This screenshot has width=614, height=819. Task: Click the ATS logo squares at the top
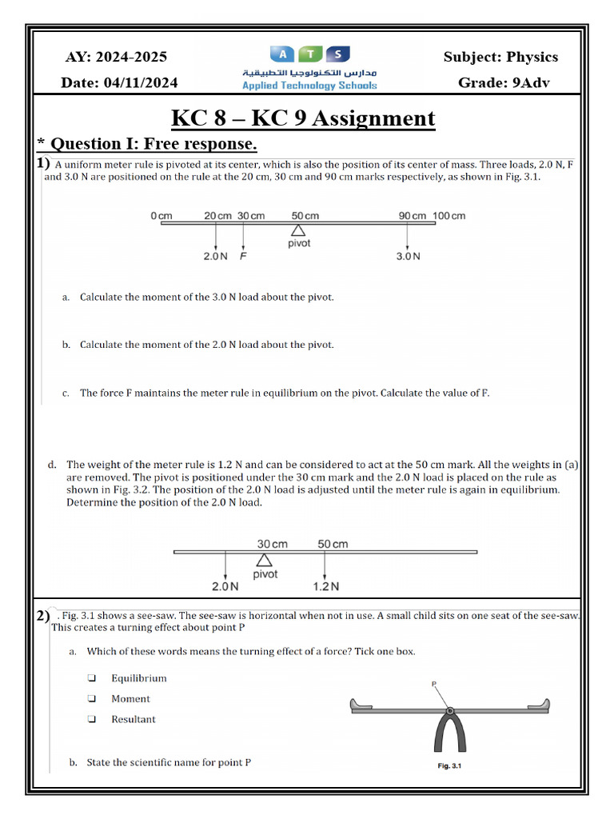tap(310, 54)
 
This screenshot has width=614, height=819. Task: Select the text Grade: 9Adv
tap(504, 83)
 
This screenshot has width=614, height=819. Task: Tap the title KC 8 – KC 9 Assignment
tap(304, 119)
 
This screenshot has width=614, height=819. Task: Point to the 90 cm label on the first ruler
tap(413, 216)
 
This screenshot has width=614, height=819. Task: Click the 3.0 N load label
tap(408, 257)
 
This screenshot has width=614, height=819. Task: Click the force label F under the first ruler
tap(243, 257)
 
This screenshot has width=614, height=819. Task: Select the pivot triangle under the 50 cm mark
tap(298, 230)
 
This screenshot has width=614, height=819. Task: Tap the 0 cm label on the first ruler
tap(161, 216)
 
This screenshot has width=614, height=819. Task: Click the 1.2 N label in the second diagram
tap(325, 586)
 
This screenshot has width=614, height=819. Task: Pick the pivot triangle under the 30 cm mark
tap(264, 560)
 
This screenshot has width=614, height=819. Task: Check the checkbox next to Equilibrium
tap(92, 678)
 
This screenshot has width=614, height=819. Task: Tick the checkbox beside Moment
tap(92, 698)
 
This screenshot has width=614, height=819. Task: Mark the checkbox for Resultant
tap(92, 719)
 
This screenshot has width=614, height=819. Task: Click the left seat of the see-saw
tap(363, 705)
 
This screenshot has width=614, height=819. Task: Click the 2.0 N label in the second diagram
tap(225, 586)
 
